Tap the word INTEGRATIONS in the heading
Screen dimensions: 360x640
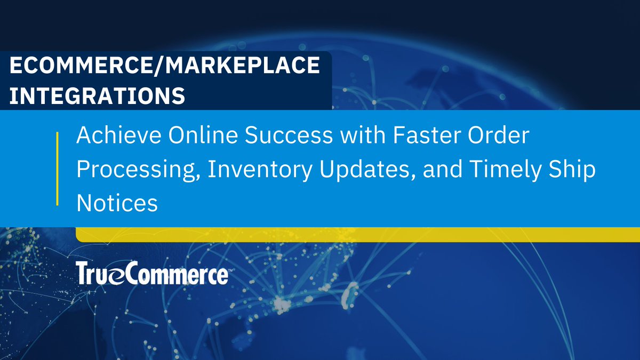pyautogui.click(x=98, y=96)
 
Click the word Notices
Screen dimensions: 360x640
pyautogui.click(x=117, y=203)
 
